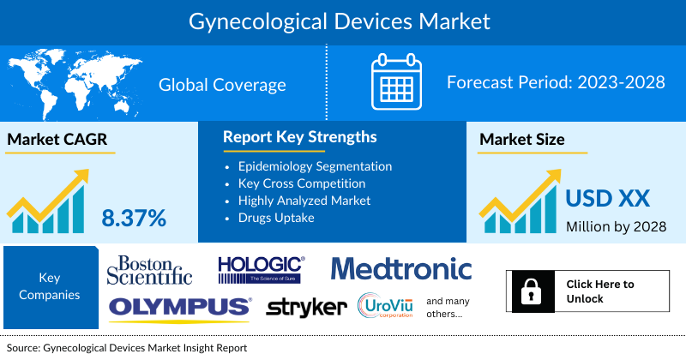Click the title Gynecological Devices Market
point(342,18)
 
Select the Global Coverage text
point(222,85)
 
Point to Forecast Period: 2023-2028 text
point(556,84)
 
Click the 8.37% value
point(134,218)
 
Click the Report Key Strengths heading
point(299,137)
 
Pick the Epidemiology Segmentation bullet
point(315,165)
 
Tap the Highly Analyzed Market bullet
point(304,200)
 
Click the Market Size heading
point(521,140)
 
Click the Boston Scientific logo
point(149,269)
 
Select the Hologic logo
point(261,268)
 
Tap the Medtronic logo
point(401,268)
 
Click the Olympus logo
point(180,306)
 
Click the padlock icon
point(530,291)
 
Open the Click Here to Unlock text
point(600,291)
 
